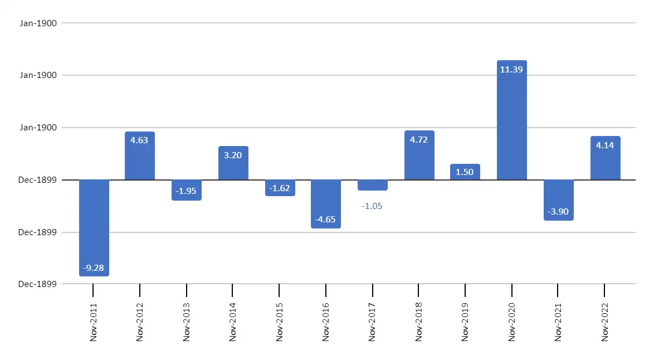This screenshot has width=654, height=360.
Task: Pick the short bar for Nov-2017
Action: point(372,185)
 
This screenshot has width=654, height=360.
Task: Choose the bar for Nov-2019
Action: point(465,172)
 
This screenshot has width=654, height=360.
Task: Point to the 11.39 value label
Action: point(511,70)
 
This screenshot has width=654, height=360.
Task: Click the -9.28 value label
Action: point(94,268)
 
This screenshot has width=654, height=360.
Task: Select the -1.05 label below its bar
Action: point(372,206)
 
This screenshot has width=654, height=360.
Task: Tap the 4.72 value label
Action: point(419,140)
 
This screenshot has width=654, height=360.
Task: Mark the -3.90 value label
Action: point(558,212)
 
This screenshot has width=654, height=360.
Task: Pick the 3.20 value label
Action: point(233,155)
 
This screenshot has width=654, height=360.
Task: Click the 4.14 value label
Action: point(605,145)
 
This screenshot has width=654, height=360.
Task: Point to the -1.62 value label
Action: point(279,188)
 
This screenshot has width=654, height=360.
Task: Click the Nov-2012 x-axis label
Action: point(140,322)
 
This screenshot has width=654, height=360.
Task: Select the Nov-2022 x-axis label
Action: point(605,322)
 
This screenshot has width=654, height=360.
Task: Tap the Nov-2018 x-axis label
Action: point(419,322)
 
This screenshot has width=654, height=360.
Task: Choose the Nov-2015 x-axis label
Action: point(279,322)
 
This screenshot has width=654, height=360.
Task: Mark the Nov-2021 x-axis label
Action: point(558,322)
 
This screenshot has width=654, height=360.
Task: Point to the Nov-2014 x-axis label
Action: point(233,322)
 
